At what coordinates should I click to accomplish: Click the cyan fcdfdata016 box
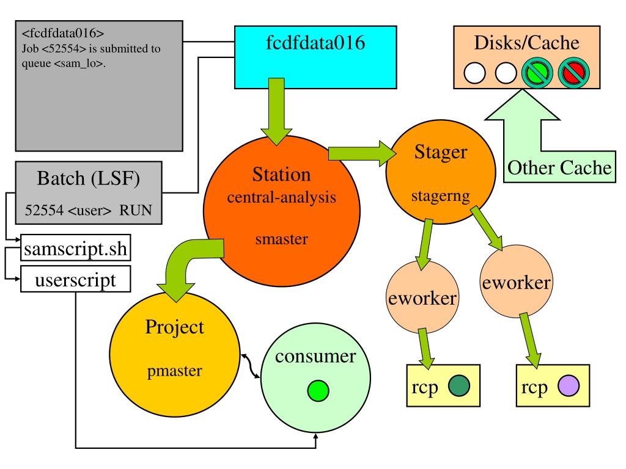(x=315, y=57)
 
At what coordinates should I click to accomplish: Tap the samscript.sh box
(x=75, y=248)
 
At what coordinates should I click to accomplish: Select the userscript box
(x=75, y=279)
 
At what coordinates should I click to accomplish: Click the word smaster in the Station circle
(x=281, y=239)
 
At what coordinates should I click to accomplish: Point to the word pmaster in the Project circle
(x=174, y=371)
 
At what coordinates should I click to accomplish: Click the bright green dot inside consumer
(x=318, y=390)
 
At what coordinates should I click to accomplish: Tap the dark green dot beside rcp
(x=459, y=386)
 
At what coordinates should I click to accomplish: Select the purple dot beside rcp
(x=569, y=386)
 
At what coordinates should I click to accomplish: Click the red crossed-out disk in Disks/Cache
(x=573, y=73)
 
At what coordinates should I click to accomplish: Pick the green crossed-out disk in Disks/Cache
(x=537, y=73)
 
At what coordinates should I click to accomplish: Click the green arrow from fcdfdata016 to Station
(x=276, y=112)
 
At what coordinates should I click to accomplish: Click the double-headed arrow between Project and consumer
(x=251, y=366)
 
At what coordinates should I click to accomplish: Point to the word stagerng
(x=440, y=196)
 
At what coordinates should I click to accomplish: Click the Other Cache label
(x=559, y=167)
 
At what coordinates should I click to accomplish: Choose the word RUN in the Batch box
(x=136, y=210)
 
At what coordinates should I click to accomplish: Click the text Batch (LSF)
(x=88, y=178)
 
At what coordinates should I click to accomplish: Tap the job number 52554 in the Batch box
(x=44, y=210)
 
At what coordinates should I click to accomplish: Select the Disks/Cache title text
(x=526, y=43)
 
